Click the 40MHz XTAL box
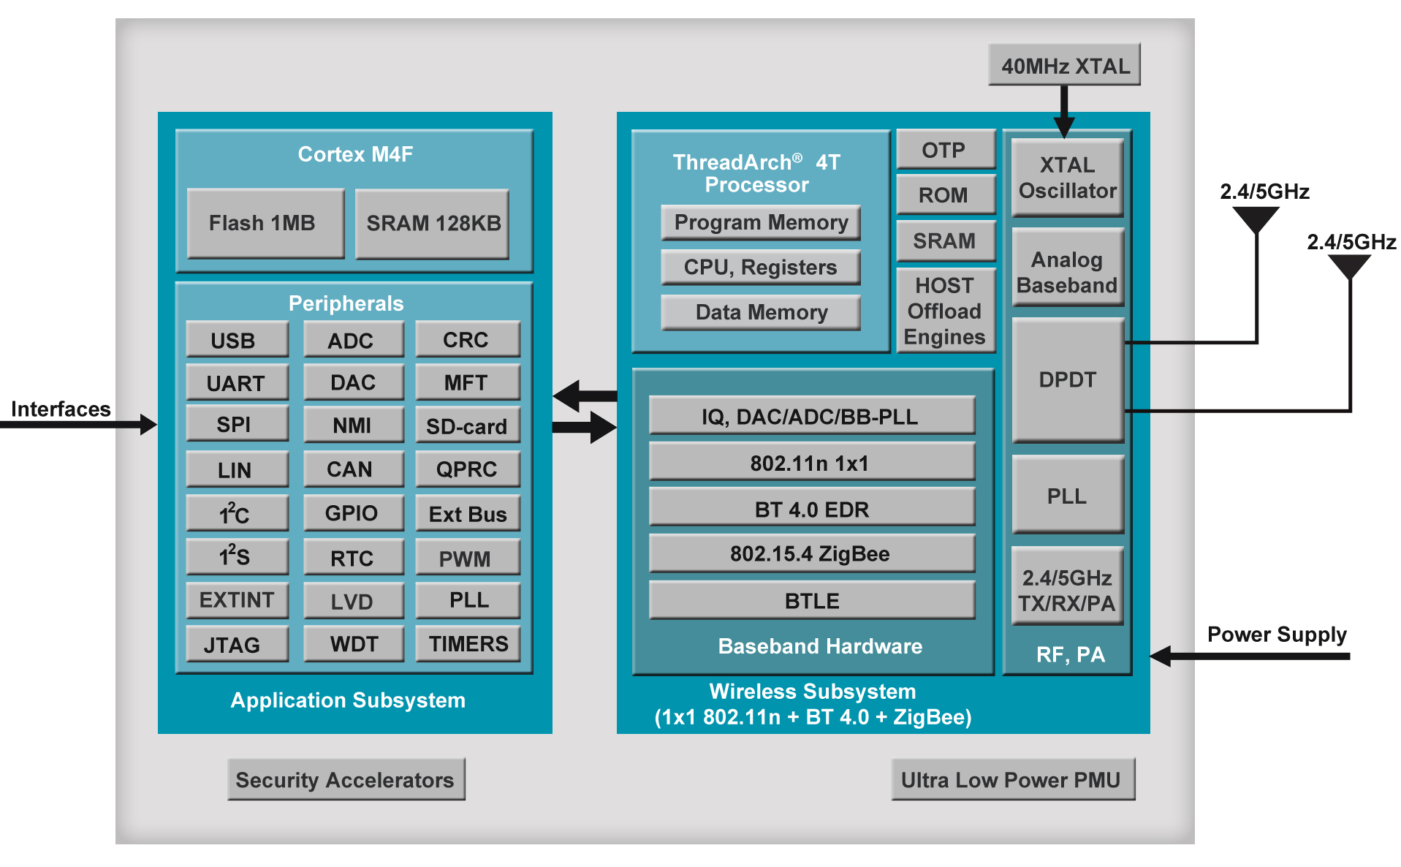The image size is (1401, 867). click(x=1064, y=65)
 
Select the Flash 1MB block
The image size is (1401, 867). click(x=265, y=223)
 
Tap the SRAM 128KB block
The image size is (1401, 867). click(x=432, y=223)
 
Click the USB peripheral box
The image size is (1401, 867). click(x=237, y=340)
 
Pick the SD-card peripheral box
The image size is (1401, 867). click(x=468, y=425)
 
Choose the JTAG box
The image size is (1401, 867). click(x=237, y=644)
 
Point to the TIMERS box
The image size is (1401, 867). click(x=468, y=644)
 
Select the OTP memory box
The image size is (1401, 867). click(x=946, y=150)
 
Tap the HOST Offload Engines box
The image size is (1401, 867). click(x=946, y=311)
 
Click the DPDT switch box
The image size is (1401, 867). click(x=1068, y=380)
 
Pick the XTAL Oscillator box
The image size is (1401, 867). click(x=1068, y=178)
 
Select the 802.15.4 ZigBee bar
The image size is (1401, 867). click(x=812, y=553)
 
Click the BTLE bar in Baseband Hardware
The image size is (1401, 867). click(x=812, y=600)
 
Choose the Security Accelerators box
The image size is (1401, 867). click(x=346, y=779)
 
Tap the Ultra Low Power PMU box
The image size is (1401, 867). click(x=1013, y=779)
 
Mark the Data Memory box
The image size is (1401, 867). click(x=761, y=312)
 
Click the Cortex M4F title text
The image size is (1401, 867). click(x=355, y=154)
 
